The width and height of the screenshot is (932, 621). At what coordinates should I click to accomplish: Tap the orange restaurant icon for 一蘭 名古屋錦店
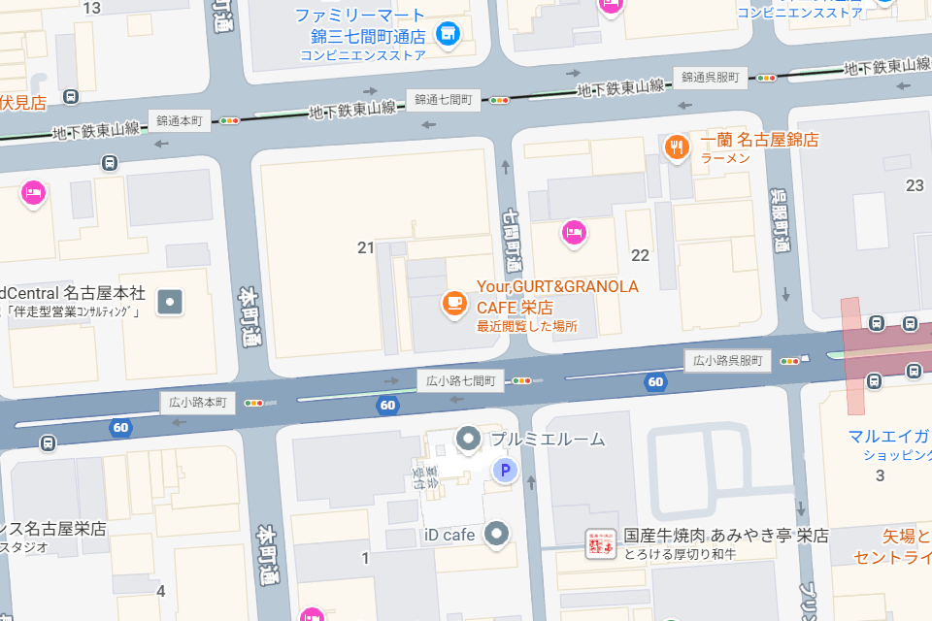pos(676,147)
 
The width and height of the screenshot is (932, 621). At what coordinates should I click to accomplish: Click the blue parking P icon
pos(504,472)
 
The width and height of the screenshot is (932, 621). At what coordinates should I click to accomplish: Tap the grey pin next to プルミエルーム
pos(469,440)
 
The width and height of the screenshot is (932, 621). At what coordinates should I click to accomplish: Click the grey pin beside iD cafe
pos(497,533)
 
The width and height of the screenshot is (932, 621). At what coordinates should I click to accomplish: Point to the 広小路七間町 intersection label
pos(462,380)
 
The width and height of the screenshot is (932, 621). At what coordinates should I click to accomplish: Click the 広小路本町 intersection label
pos(198,402)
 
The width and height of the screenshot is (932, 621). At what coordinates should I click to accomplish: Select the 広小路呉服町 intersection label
pos(728,360)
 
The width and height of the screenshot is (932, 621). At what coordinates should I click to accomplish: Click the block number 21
pos(365,248)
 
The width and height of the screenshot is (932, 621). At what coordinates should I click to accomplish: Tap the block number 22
pos(640,255)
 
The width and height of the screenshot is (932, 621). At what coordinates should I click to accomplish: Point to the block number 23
pos(915,185)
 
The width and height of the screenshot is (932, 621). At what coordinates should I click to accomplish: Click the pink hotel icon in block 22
pos(574,232)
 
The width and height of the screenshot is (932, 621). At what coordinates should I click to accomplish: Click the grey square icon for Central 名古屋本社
pos(171,302)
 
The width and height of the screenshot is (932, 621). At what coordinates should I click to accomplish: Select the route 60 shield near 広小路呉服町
pos(656,381)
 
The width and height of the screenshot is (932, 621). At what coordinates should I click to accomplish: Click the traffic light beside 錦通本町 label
pos(230,121)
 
